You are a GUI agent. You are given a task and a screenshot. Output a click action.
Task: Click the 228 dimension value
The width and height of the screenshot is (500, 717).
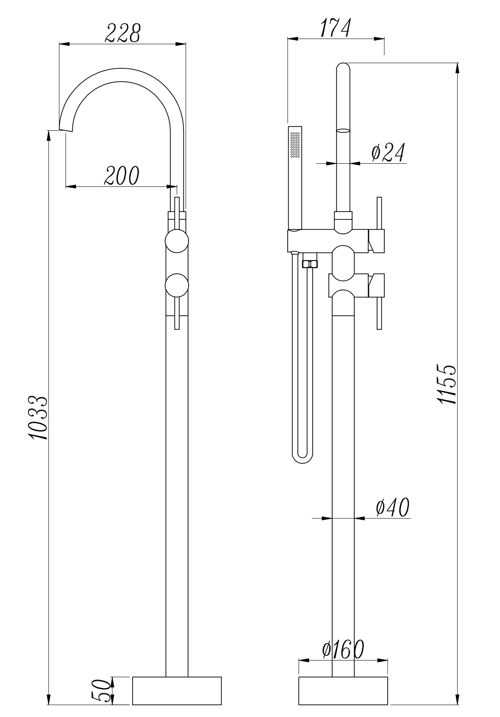point(122,34)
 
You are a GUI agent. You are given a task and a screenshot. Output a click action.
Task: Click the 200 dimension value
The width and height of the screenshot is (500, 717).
point(122,176)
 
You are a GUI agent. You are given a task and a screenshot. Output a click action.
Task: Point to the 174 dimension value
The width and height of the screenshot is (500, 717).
point(335,28)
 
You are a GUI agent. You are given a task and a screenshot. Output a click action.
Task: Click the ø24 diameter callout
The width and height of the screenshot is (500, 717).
point(387,153)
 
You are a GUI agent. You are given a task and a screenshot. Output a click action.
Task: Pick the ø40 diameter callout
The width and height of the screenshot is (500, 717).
point(392,507)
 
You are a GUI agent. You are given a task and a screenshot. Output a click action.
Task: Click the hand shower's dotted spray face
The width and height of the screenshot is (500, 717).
point(295,145)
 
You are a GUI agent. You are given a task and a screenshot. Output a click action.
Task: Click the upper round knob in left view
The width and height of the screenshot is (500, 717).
point(177,241)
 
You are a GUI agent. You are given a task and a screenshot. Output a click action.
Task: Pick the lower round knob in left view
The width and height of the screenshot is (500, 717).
point(177,286)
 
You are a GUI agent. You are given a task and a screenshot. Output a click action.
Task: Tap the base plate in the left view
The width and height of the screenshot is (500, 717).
point(177,691)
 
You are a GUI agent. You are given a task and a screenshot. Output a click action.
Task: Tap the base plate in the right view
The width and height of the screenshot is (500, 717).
point(343,691)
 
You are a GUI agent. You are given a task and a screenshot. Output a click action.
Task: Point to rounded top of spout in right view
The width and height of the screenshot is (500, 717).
point(343,68)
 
